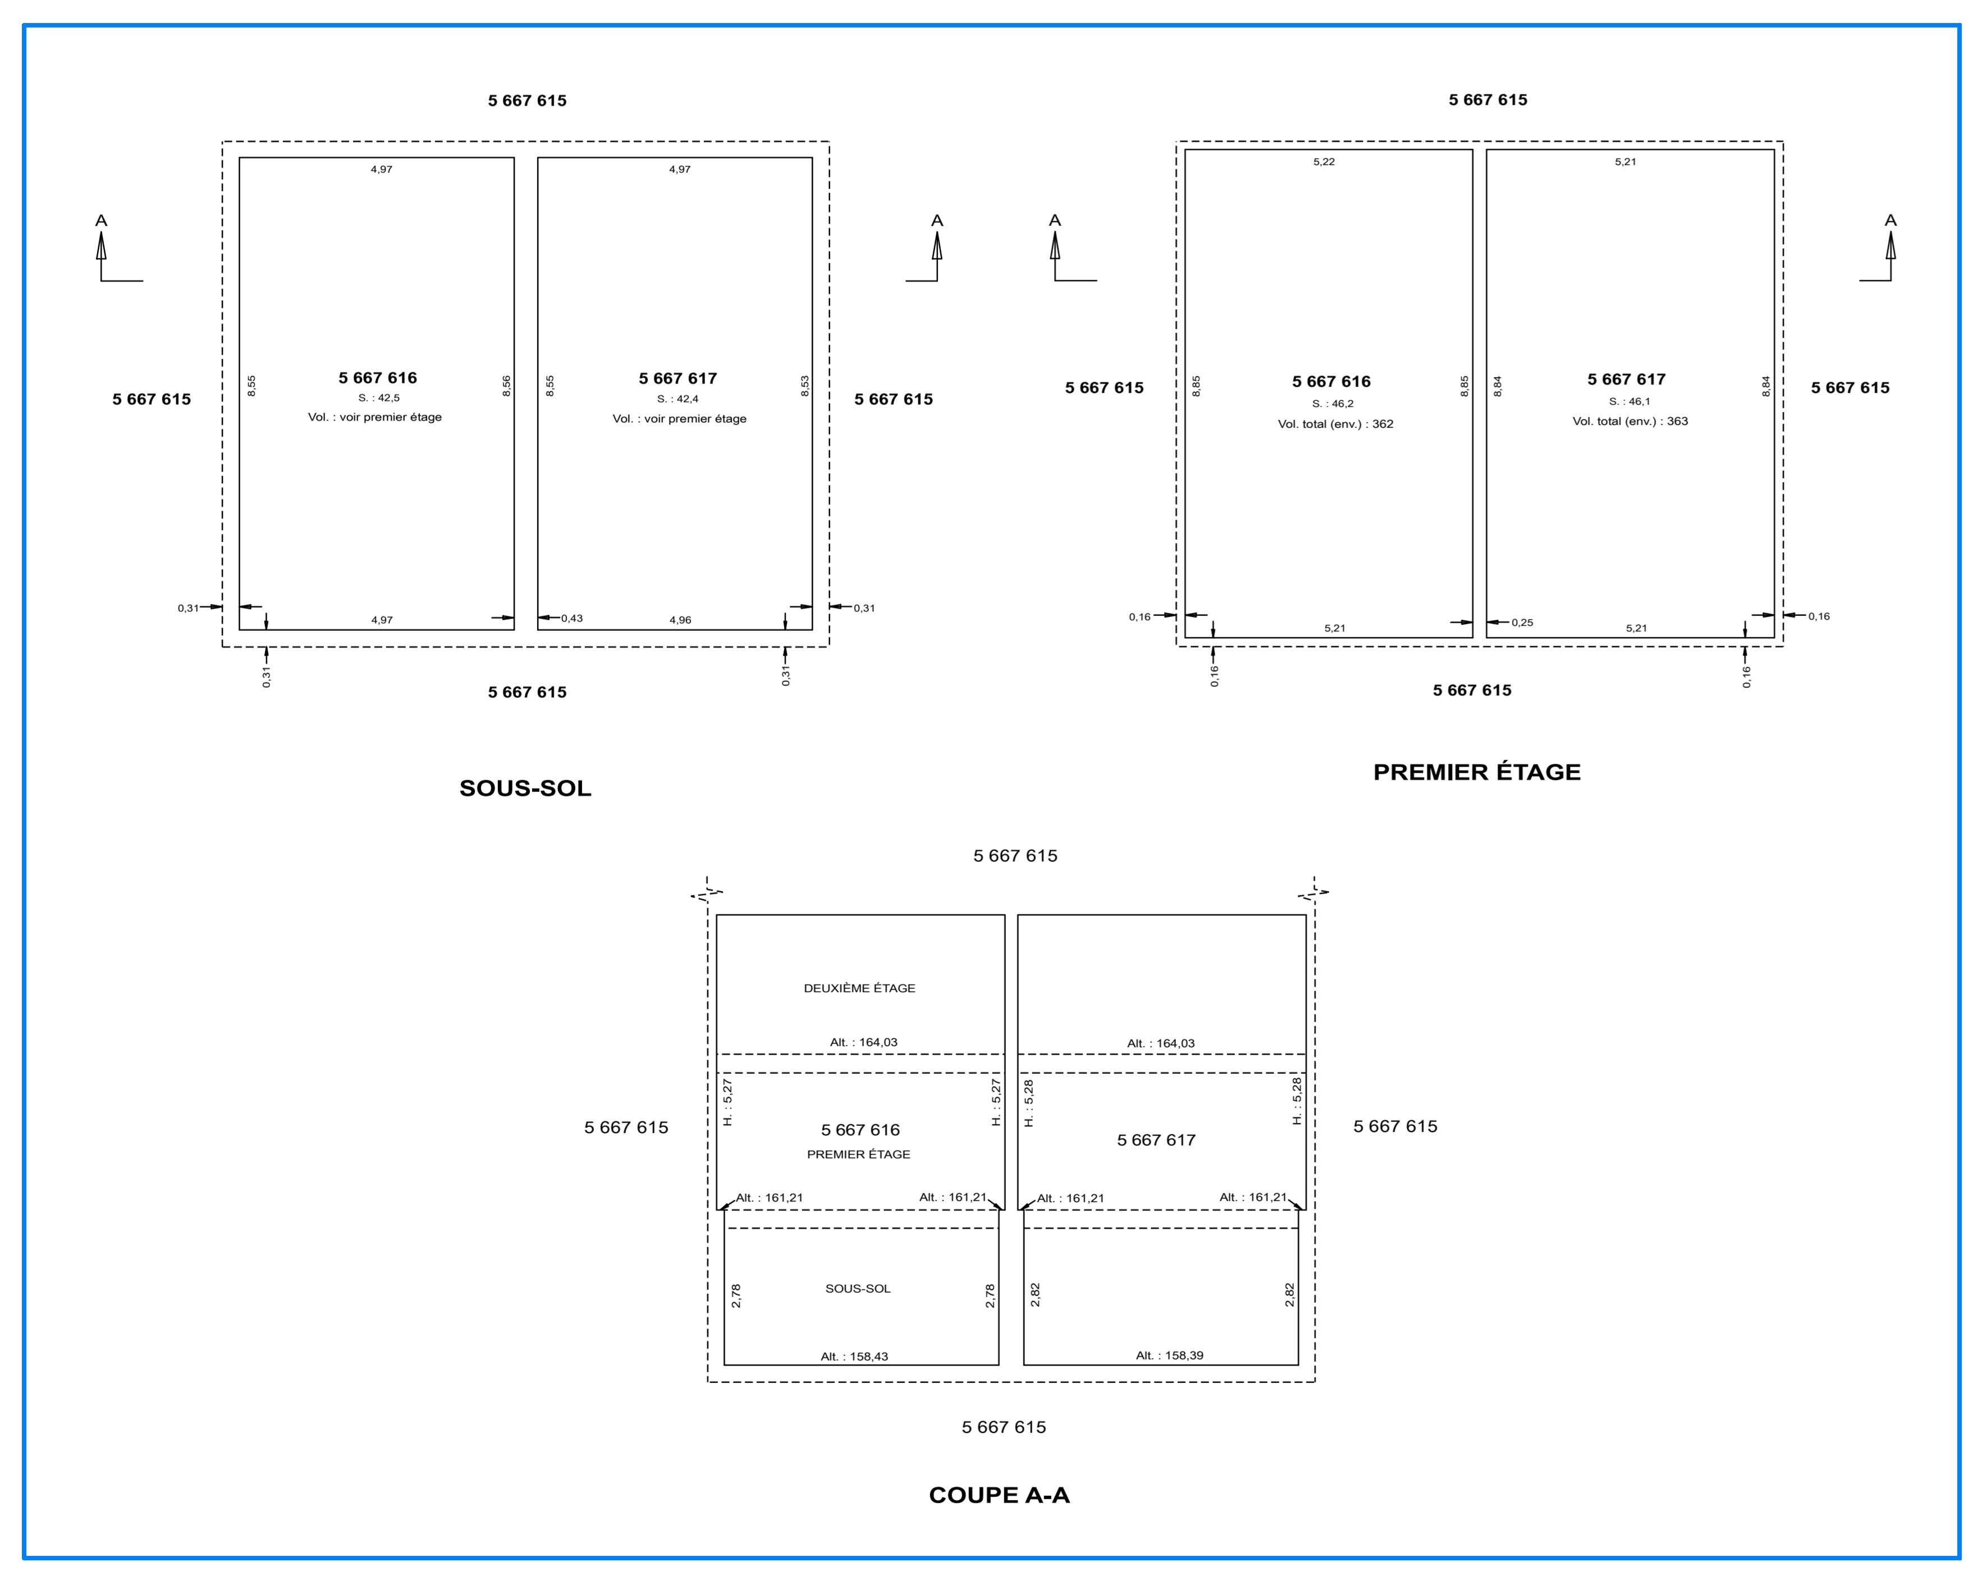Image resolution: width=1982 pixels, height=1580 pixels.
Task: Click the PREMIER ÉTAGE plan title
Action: click(1476, 772)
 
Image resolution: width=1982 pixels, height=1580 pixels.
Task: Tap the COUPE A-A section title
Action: click(999, 1495)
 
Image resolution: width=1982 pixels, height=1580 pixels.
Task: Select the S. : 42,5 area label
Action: click(379, 398)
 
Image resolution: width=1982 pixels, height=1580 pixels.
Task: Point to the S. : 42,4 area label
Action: click(678, 399)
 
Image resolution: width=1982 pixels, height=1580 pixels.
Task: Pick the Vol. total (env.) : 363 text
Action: click(1630, 421)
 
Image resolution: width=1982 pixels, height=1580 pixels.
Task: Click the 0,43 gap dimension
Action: click(572, 619)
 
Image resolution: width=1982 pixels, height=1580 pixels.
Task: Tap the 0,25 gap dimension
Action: click(1522, 622)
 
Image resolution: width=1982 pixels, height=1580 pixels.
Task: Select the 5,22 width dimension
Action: click(1324, 162)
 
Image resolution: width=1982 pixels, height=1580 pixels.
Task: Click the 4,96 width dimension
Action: click(680, 620)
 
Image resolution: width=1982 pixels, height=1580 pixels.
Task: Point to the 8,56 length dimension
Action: click(506, 386)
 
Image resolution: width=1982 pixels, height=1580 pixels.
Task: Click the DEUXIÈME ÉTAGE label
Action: click(859, 988)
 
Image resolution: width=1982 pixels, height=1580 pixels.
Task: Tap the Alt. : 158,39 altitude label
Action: click(1169, 1355)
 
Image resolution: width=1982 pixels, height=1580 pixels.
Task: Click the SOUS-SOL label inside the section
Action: click(858, 1289)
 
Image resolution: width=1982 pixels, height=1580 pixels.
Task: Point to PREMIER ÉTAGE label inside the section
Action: click(859, 1155)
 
